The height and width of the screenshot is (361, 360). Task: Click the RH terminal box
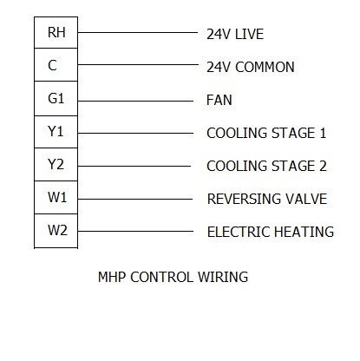[x=56, y=32]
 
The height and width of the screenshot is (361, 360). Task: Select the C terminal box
[x=56, y=65]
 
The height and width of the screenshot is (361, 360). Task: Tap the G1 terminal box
[x=56, y=99]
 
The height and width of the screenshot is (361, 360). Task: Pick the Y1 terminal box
[x=56, y=132]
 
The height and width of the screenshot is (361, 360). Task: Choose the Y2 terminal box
[x=56, y=165]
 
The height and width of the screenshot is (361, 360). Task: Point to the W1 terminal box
[x=56, y=198]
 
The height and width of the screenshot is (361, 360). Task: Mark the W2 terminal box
[x=56, y=231]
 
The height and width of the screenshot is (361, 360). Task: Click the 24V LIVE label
[x=235, y=34]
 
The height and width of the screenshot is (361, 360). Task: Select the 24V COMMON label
[x=251, y=67]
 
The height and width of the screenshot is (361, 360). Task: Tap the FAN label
[x=219, y=100]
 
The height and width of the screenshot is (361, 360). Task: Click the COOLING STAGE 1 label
[x=266, y=133]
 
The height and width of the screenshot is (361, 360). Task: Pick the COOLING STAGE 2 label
[x=266, y=166]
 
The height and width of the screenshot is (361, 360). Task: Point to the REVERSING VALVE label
[x=267, y=199]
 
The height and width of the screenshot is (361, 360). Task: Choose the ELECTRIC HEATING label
[x=271, y=232]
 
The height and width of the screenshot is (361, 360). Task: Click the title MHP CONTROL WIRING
[x=173, y=277]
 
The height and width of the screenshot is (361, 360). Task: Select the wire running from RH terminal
[x=138, y=32]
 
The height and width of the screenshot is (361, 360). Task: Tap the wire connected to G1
[x=135, y=101]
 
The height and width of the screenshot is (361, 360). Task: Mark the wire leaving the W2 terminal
[x=135, y=231]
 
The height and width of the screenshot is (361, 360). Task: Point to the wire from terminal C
[x=138, y=64]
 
